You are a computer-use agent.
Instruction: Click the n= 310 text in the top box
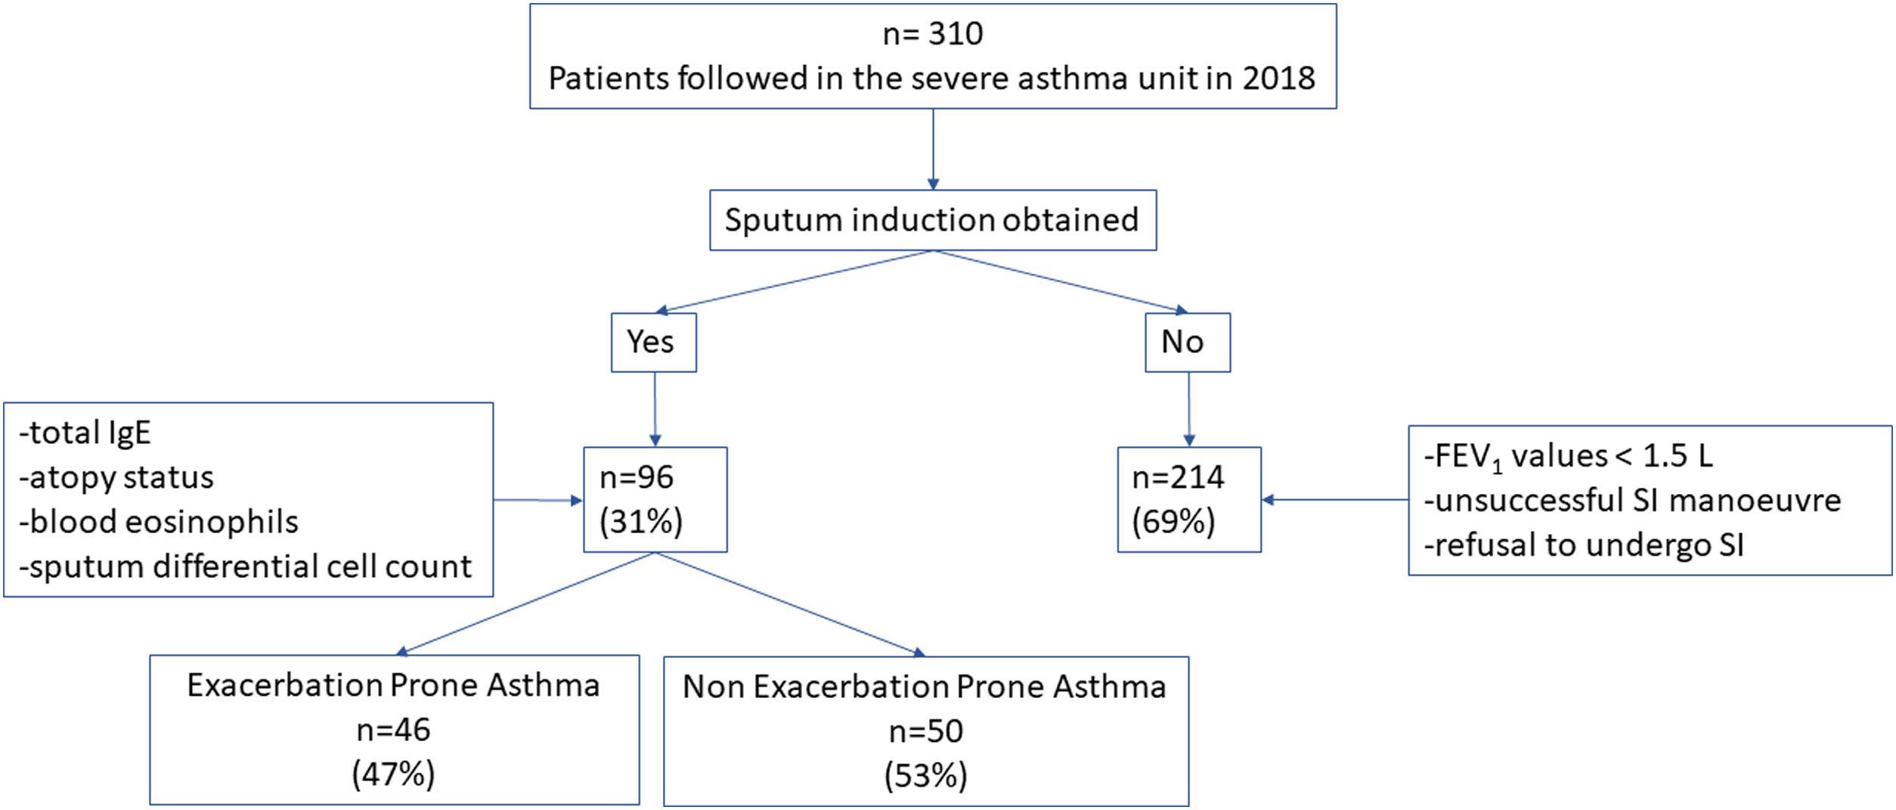(x=932, y=34)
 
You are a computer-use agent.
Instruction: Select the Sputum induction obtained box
(x=932, y=220)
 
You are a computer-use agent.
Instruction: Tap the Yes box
(x=653, y=343)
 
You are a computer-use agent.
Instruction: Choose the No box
(x=1187, y=343)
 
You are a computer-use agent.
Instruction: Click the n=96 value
(x=637, y=477)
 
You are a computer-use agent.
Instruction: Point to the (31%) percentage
(x=640, y=522)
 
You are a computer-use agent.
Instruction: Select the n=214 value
(x=1178, y=477)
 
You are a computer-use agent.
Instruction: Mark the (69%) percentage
(x=1173, y=522)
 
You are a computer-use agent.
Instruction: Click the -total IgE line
(x=85, y=433)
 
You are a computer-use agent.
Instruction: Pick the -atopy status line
(x=116, y=477)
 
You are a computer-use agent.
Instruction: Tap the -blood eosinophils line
(x=159, y=522)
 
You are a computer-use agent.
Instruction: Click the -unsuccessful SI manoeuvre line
(x=1632, y=501)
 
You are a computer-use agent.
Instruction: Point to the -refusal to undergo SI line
(x=1584, y=545)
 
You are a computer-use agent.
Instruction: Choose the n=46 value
(x=393, y=730)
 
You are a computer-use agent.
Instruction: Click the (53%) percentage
(x=925, y=776)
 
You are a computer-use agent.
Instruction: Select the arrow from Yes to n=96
(x=655, y=409)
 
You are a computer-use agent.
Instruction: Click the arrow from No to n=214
(x=1189, y=409)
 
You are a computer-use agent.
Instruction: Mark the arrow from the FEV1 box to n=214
(x=1334, y=500)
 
